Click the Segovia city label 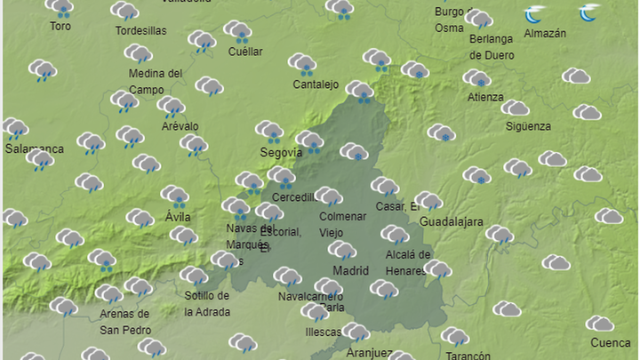280,152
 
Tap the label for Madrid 349,270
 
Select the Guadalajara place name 451,221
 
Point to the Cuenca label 611,343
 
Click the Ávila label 178,216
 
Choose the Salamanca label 35,148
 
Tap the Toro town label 60,27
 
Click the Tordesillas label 141,31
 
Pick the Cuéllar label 245,52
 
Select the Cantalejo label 316,84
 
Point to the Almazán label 545,34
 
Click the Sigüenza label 528,126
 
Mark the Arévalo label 180,126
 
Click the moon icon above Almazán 534,14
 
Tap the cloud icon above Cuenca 599,323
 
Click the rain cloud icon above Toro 60,9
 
